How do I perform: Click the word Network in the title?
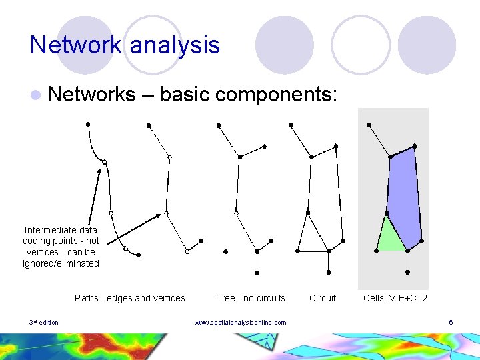point(76,45)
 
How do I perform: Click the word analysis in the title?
point(175,45)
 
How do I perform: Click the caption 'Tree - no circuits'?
point(250,298)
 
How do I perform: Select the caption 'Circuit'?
point(323,298)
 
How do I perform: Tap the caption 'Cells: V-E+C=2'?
point(395,298)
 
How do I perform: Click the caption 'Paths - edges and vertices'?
point(130,298)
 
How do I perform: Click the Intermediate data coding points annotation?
point(61,247)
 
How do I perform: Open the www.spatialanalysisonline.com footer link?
point(240,323)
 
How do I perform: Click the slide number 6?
point(451,323)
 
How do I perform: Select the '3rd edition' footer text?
point(44,323)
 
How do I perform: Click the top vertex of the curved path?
point(88,123)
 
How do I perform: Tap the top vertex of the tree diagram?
point(218,125)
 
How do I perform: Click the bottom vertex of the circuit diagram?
point(329,272)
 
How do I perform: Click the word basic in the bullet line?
point(185,95)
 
